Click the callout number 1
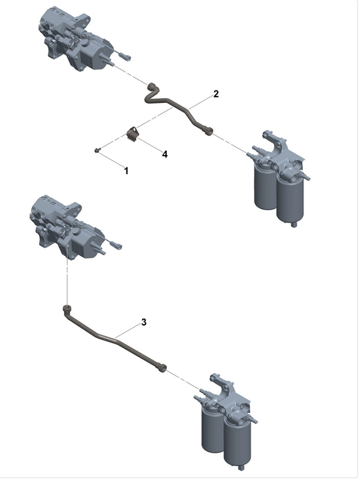(127, 170)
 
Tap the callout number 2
(215, 94)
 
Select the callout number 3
(144, 322)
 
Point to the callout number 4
(164, 154)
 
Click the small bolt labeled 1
(98, 151)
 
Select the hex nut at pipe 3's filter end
(162, 367)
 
